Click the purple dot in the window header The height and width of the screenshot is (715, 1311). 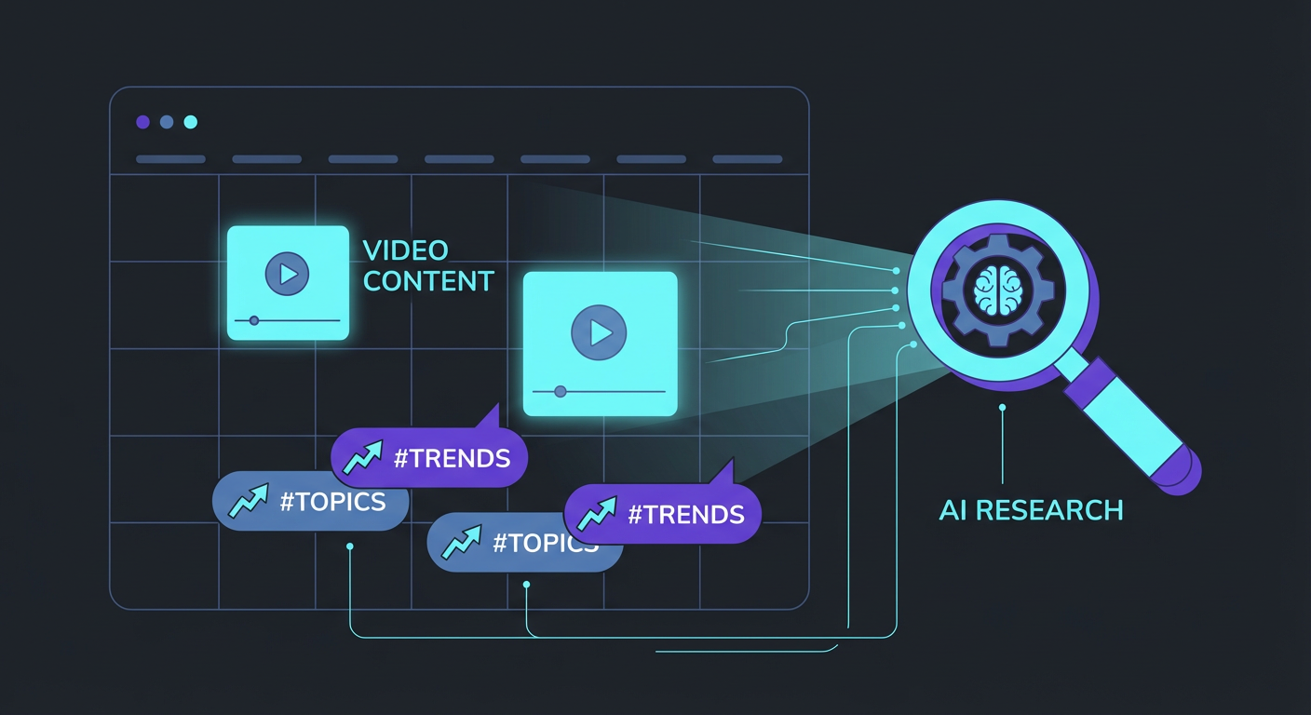(x=142, y=122)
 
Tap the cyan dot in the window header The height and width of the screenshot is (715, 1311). (x=191, y=122)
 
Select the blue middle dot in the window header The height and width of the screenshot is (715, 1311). (x=167, y=122)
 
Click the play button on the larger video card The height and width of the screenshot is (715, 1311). (x=600, y=331)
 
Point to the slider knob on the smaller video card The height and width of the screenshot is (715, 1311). (x=254, y=320)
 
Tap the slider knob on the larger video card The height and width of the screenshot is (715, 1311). (x=560, y=392)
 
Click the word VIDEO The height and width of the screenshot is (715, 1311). (x=405, y=250)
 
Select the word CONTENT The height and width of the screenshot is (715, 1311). (x=428, y=281)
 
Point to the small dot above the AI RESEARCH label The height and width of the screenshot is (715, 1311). (x=1002, y=408)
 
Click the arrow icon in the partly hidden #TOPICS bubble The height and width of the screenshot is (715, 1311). (x=461, y=543)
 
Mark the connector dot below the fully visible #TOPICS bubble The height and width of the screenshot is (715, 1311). (x=349, y=547)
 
